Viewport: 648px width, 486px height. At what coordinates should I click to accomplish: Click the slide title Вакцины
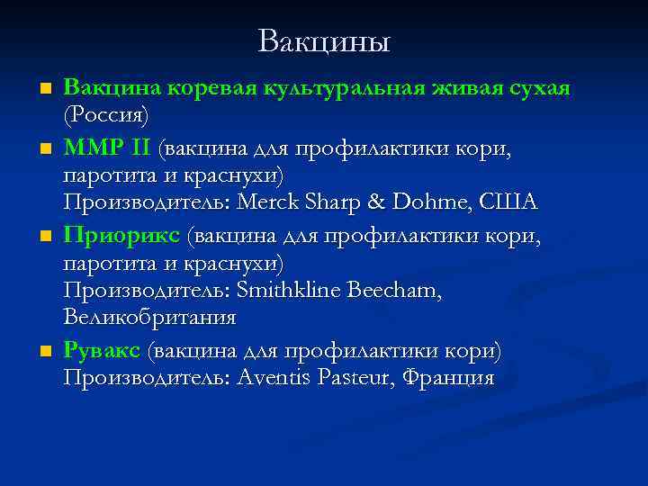tap(323, 41)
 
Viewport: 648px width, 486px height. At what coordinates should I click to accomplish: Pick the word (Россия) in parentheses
tap(106, 116)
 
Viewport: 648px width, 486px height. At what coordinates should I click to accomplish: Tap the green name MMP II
tap(109, 146)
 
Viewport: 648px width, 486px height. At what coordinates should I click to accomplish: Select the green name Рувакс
tap(102, 349)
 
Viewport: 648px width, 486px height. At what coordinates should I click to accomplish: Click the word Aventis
tap(274, 378)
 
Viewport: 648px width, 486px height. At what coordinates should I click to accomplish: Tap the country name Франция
tap(447, 378)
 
